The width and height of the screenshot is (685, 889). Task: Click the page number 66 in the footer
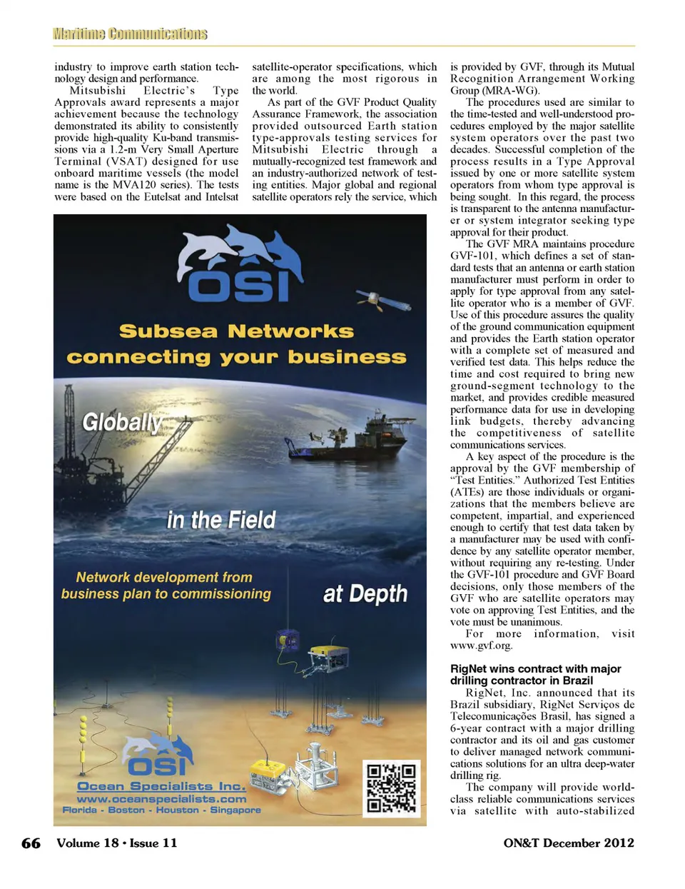pyautogui.click(x=31, y=843)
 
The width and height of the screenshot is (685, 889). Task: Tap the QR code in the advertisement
pyautogui.click(x=390, y=788)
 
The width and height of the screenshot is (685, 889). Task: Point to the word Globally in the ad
pyautogui.click(x=122, y=422)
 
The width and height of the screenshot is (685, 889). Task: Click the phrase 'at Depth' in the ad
pyautogui.click(x=365, y=594)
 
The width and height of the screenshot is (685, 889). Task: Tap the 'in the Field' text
pyautogui.click(x=220, y=520)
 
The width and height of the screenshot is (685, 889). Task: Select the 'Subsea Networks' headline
pyautogui.click(x=236, y=331)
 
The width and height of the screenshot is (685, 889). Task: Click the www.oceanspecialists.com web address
pyautogui.click(x=161, y=799)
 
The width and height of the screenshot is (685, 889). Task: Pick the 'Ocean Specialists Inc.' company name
pyautogui.click(x=161, y=786)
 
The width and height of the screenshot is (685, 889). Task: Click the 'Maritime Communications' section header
pyautogui.click(x=130, y=34)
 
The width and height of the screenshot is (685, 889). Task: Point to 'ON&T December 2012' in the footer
pyautogui.click(x=568, y=843)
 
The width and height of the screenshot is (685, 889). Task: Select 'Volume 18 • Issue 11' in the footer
pyautogui.click(x=117, y=843)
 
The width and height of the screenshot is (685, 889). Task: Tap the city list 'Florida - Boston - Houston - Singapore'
pyautogui.click(x=161, y=810)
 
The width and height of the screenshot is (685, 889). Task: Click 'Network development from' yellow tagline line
pyautogui.click(x=164, y=577)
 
